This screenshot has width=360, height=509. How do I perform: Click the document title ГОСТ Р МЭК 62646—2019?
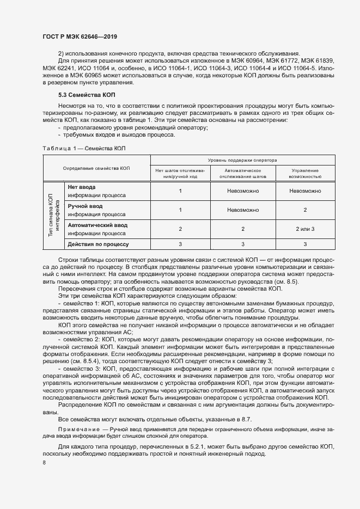coord(80,37)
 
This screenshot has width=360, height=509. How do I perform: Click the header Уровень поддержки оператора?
coord(242,161)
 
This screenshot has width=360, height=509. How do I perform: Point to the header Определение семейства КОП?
coord(96,169)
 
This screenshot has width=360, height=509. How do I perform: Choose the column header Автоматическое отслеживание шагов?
coord(243,173)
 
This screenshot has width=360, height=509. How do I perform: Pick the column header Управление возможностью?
coord(305,173)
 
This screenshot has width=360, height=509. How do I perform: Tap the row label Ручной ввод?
coord(85,206)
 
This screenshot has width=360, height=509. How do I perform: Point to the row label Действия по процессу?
coord(98,244)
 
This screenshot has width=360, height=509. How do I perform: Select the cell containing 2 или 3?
coord(305,229)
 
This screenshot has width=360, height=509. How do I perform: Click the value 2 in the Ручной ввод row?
coord(305,210)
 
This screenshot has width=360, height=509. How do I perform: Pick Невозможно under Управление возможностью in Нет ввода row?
coord(305,191)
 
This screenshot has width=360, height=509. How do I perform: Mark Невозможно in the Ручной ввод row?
coord(243,210)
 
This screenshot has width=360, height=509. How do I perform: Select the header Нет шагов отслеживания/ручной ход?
coord(180,173)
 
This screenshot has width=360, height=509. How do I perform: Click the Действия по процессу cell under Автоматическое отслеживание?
coord(243,244)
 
